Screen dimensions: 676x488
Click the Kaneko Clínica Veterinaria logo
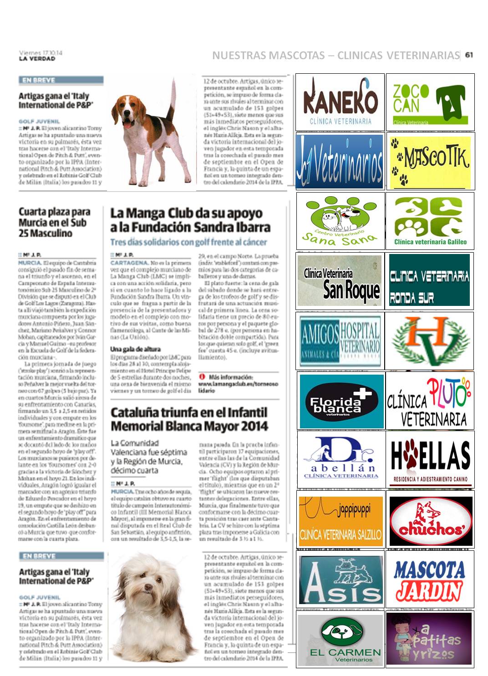click(x=340, y=102)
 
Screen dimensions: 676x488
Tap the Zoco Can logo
click(x=430, y=102)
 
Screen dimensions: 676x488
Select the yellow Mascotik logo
click(x=430, y=161)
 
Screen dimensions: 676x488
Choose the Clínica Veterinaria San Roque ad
click(x=340, y=280)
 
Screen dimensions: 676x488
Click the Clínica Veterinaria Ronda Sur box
click(x=429, y=280)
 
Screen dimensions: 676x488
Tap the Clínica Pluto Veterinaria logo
click(x=429, y=401)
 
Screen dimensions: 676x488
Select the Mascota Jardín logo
click(x=430, y=579)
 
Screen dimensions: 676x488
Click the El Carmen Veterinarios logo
click(x=340, y=640)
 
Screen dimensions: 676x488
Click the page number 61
click(x=469, y=55)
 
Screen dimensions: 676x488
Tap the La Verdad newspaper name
click(x=37, y=59)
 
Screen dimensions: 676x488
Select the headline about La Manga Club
click(x=190, y=220)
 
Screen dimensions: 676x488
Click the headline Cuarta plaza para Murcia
click(x=54, y=222)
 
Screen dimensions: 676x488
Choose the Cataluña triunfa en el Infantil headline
click(x=189, y=419)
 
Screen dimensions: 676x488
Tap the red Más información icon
click(x=202, y=377)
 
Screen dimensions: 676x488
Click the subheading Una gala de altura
click(x=135, y=349)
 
